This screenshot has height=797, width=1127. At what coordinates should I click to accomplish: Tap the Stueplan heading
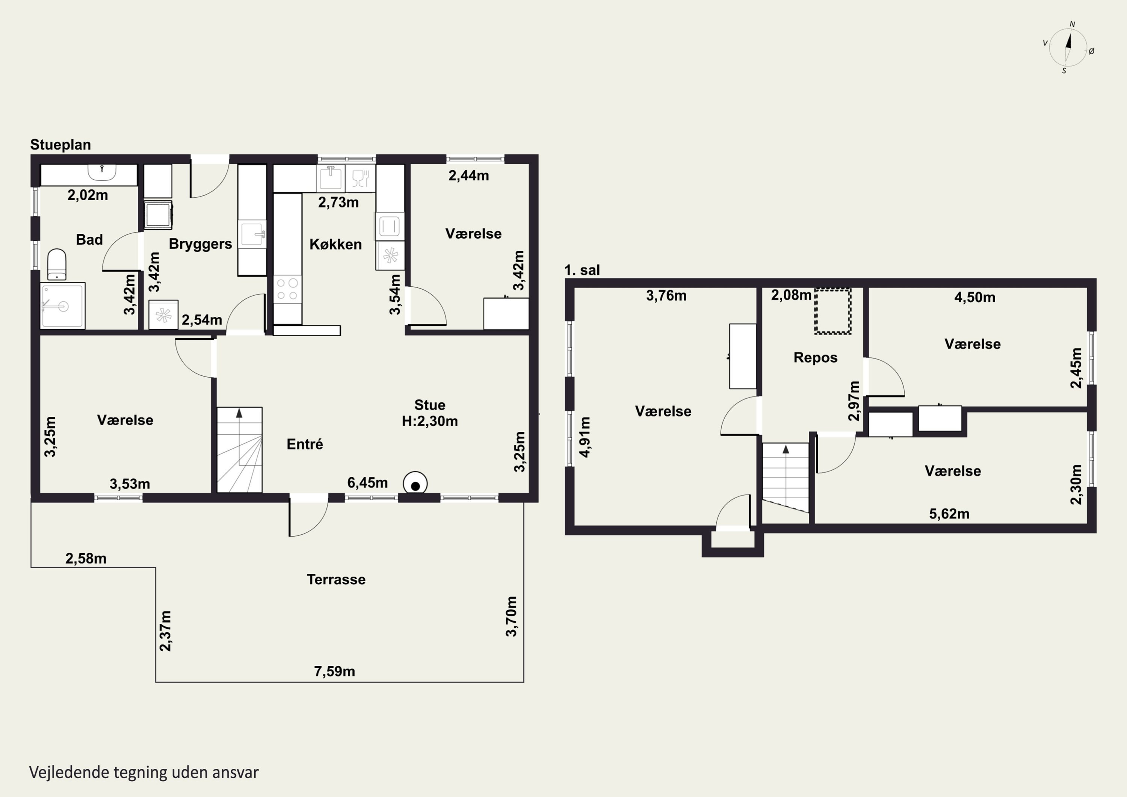pos(60,145)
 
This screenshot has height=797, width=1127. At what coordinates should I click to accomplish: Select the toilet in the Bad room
pos(57,264)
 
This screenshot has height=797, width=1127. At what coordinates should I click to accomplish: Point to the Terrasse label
pos(336,579)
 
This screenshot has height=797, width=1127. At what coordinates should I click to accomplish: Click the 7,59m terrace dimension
pos(334,671)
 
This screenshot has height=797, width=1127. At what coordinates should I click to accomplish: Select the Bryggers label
pos(200,244)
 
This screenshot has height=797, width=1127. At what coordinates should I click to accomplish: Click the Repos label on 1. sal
pos(815,357)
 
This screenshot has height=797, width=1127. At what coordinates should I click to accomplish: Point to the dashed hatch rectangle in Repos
pos(833,312)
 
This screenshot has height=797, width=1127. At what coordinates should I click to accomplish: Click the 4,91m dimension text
pos(585,437)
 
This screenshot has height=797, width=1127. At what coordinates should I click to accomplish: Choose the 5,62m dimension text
pos(949,514)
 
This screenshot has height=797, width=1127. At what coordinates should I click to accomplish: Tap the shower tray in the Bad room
pos(63,305)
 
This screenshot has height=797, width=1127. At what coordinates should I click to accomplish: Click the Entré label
pos(305,445)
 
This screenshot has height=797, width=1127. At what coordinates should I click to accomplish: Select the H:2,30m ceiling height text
pos(430,421)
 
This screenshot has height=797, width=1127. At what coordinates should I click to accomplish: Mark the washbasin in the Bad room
pos(102,172)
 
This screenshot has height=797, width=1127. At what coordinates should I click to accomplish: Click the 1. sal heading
pos(582,270)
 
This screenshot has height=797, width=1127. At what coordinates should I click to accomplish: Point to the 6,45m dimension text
pos(368,483)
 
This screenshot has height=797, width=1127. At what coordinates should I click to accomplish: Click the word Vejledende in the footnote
pos(69,773)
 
